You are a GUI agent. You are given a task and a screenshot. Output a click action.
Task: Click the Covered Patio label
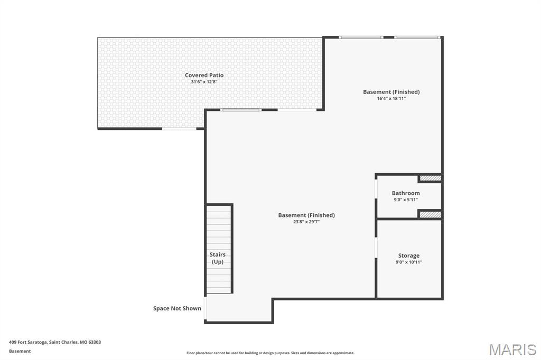204,75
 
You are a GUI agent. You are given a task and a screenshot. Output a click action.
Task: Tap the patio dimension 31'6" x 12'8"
204,82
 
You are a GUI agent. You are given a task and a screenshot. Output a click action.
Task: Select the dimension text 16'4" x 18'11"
391,99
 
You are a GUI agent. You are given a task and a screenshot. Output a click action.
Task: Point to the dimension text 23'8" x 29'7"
306,222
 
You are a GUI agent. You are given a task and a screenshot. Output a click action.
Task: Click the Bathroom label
406,193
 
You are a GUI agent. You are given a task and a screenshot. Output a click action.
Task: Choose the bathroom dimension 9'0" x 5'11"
406,200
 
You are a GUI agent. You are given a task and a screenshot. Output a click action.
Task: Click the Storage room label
408,255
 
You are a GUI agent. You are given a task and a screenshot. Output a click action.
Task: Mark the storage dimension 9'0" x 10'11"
408,262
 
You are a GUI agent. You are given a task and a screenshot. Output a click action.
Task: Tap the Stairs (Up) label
218,258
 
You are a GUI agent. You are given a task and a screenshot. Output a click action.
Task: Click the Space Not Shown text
177,308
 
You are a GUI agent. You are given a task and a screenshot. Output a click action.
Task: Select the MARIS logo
512,349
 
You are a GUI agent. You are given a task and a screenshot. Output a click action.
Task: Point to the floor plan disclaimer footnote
270,353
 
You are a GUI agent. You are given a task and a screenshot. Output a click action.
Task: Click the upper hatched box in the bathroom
430,178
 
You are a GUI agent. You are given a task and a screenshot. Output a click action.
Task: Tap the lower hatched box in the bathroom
430,214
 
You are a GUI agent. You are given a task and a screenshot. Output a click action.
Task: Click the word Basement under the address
20,351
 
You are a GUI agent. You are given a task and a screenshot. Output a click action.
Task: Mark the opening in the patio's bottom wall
179,128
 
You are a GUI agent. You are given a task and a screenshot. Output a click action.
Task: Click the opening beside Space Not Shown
205,309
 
